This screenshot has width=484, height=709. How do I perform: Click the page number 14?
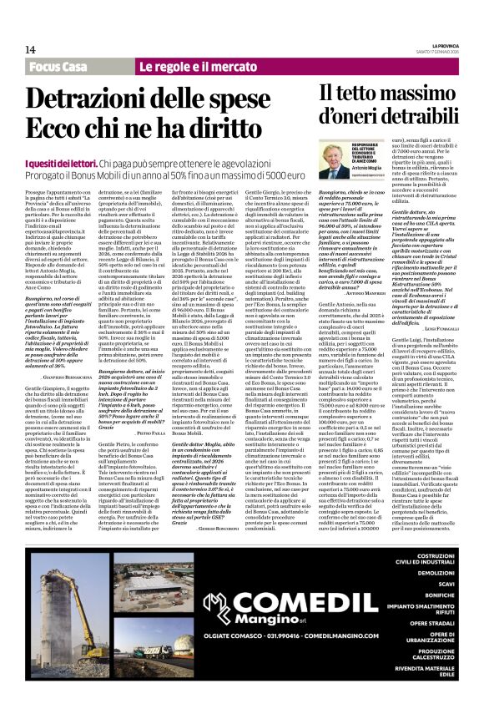click(31, 50)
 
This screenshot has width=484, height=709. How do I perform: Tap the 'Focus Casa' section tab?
click(61, 66)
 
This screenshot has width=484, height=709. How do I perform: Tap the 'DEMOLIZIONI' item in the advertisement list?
click(435, 574)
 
